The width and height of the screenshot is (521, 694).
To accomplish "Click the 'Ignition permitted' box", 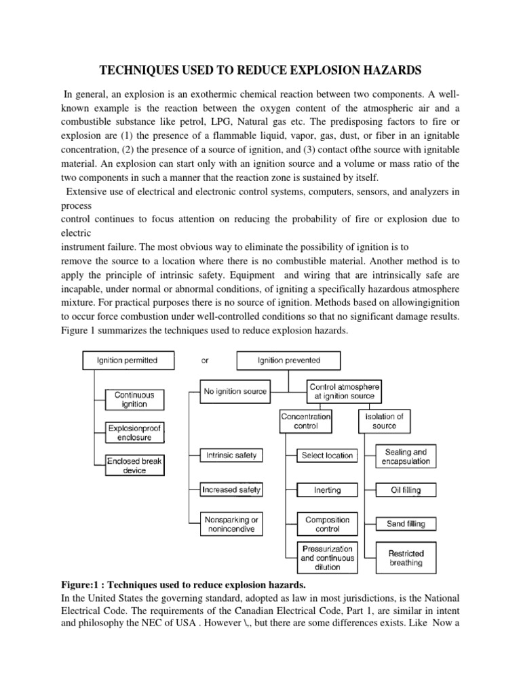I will click(x=128, y=361).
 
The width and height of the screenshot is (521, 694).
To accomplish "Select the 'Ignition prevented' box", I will click(x=289, y=361).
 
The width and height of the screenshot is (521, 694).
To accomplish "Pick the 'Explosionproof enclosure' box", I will click(x=135, y=433).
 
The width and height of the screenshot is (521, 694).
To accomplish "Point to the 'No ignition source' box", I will click(x=235, y=391).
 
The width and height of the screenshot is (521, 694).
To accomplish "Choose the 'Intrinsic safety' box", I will click(x=231, y=455).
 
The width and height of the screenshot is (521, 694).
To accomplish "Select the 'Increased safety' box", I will click(x=231, y=489).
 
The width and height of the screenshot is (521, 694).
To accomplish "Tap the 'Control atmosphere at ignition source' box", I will click(x=345, y=392).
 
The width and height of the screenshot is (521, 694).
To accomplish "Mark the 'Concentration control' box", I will click(x=306, y=421).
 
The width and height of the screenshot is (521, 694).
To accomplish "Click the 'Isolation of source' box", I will click(x=384, y=421).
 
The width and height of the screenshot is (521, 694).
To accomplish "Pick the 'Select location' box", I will click(x=327, y=455).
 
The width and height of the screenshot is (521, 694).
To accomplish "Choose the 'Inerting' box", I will click(x=327, y=490).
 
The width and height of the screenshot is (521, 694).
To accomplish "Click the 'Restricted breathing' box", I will click(x=406, y=558).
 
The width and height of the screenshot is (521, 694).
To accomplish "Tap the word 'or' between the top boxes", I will click(x=205, y=361).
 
